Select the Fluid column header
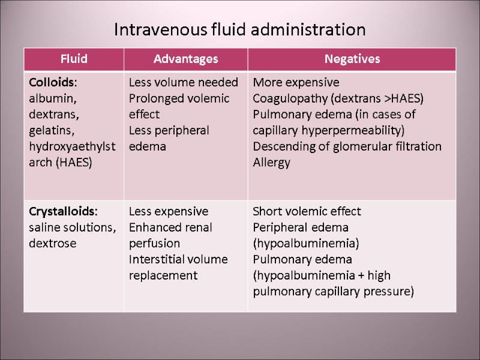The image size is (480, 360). click(74, 59)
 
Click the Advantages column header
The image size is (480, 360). click(185, 59)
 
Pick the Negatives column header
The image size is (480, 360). click(352, 59)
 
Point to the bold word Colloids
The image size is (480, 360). click(51, 82)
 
